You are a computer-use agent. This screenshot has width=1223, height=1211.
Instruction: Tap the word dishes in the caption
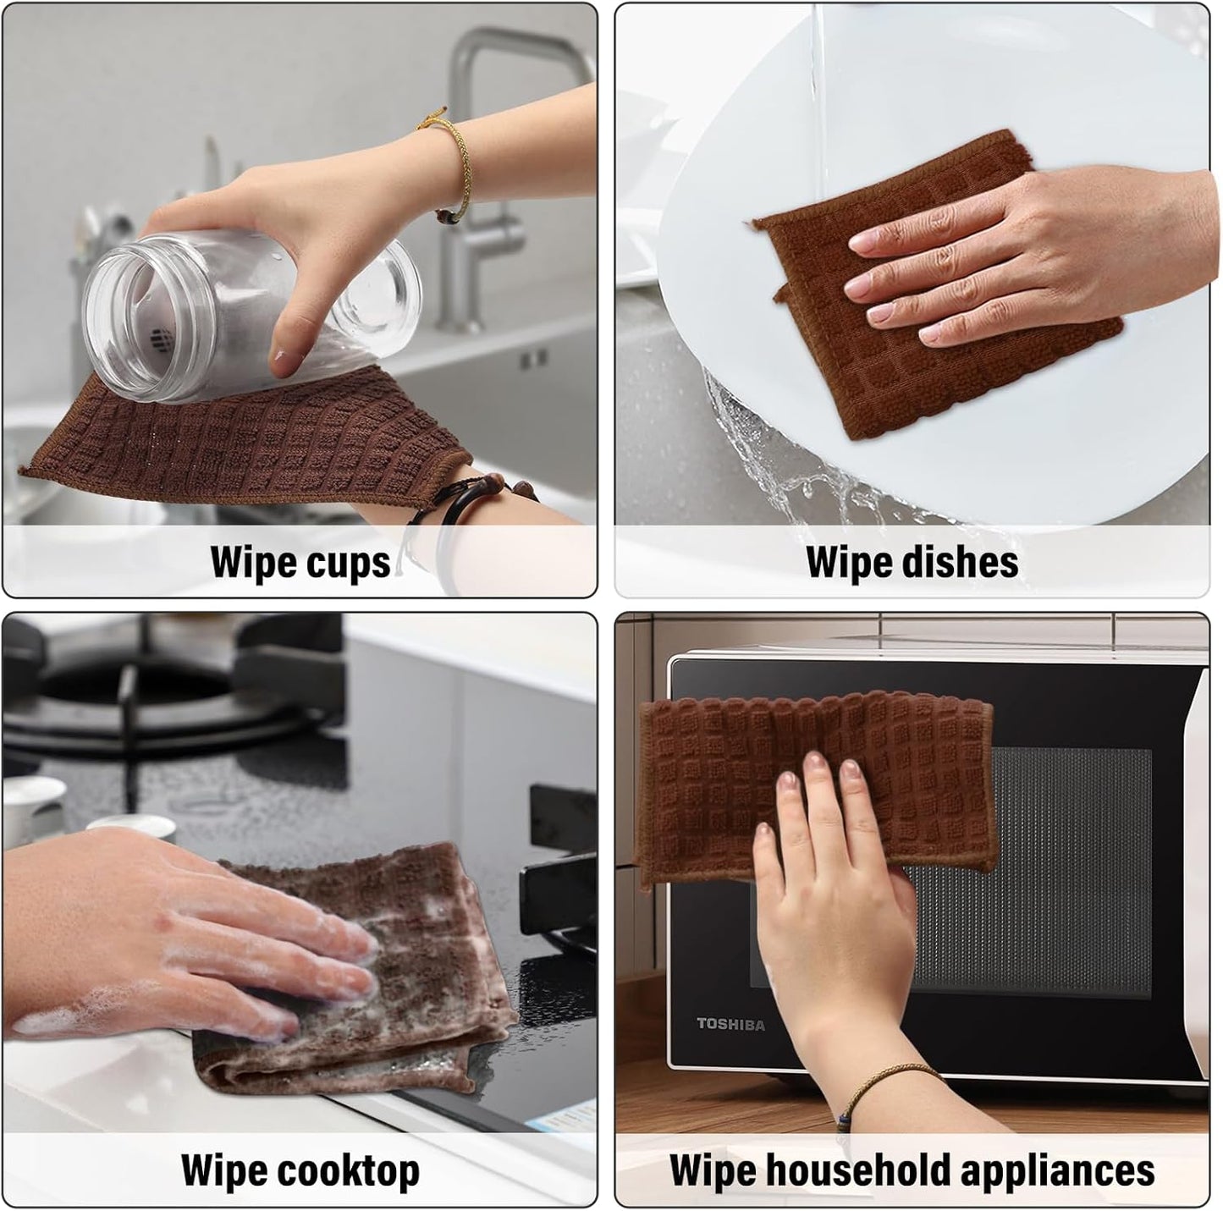click(966, 562)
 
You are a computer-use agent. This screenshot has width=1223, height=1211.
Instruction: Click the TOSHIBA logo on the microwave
click(730, 1025)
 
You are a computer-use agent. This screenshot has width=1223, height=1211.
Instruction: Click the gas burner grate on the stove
click(169, 685)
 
